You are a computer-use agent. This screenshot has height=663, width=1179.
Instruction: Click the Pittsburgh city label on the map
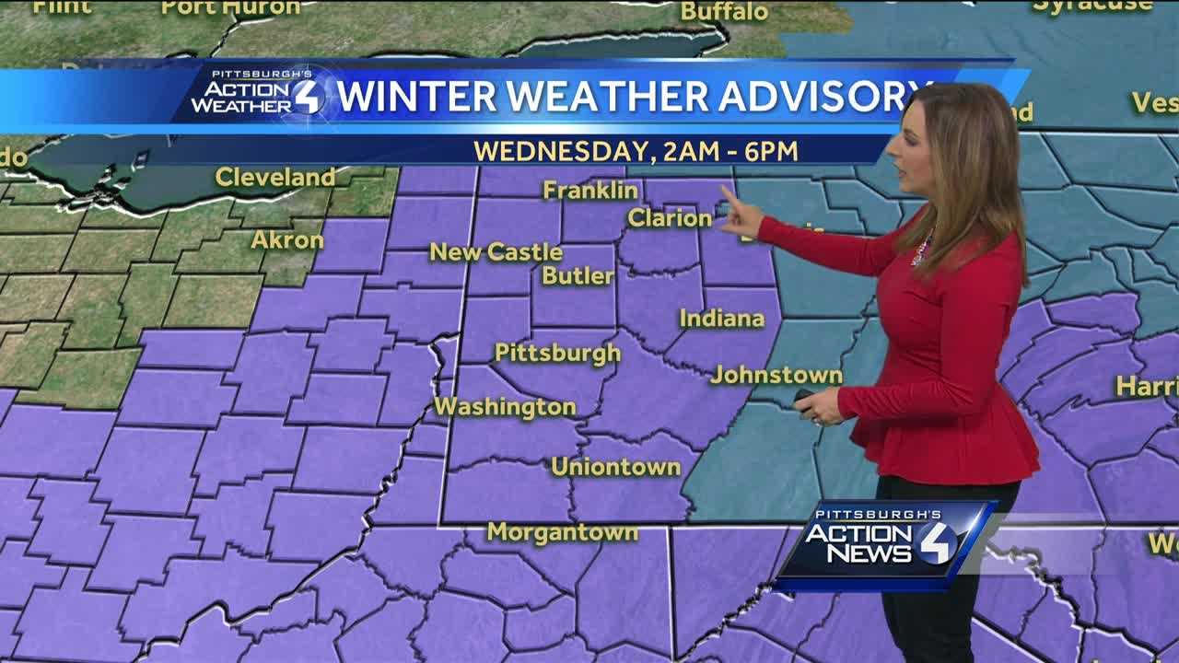pyautogui.click(x=557, y=353)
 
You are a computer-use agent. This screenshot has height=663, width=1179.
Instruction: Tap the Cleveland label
pyautogui.click(x=274, y=177)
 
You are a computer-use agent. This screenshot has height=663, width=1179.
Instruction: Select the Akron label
pyautogui.click(x=287, y=240)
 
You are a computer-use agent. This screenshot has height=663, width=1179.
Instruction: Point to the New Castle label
pyautogui.click(x=496, y=251)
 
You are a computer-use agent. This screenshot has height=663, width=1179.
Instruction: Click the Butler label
pyautogui.click(x=578, y=275)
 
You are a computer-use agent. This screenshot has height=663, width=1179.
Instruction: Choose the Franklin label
pyautogui.click(x=590, y=190)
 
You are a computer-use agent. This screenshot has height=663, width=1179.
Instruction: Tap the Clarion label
pyautogui.click(x=670, y=218)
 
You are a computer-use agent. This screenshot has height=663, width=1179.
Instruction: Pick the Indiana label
pyautogui.click(x=722, y=319)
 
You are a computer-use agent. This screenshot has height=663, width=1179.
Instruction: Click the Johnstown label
pyautogui.click(x=776, y=375)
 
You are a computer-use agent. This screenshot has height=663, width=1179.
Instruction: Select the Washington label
pyautogui.click(x=505, y=406)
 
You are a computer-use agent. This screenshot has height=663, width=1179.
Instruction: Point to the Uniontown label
pyautogui.click(x=615, y=467)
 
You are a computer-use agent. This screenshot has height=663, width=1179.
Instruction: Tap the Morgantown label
pyautogui.click(x=562, y=532)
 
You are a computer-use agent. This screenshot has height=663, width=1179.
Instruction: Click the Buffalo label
pyautogui.click(x=724, y=12)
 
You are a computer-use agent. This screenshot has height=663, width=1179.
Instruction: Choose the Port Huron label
pyautogui.click(x=230, y=7)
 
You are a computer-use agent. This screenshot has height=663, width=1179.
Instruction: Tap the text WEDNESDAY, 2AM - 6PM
pyautogui.click(x=636, y=149)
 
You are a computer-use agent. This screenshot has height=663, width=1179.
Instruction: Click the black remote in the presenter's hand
pyautogui.click(x=804, y=397)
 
